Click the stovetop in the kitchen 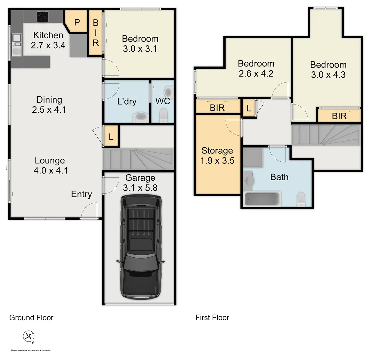(x=43, y=17)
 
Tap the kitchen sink (x=16, y=45)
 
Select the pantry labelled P (x=77, y=22)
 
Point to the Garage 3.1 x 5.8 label (x=140, y=183)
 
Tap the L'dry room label (x=127, y=101)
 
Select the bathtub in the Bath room (x=262, y=199)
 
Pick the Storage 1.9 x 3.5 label (x=217, y=156)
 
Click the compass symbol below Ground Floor (x=29, y=336)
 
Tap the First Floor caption (x=212, y=318)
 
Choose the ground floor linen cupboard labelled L (x=111, y=136)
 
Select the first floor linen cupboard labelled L (x=249, y=108)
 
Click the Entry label (x=81, y=194)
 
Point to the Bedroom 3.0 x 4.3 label (x=328, y=70)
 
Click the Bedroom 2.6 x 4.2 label (x=256, y=68)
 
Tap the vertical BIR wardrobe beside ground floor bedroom (x=96, y=33)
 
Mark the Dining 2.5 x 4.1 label (x=49, y=104)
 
